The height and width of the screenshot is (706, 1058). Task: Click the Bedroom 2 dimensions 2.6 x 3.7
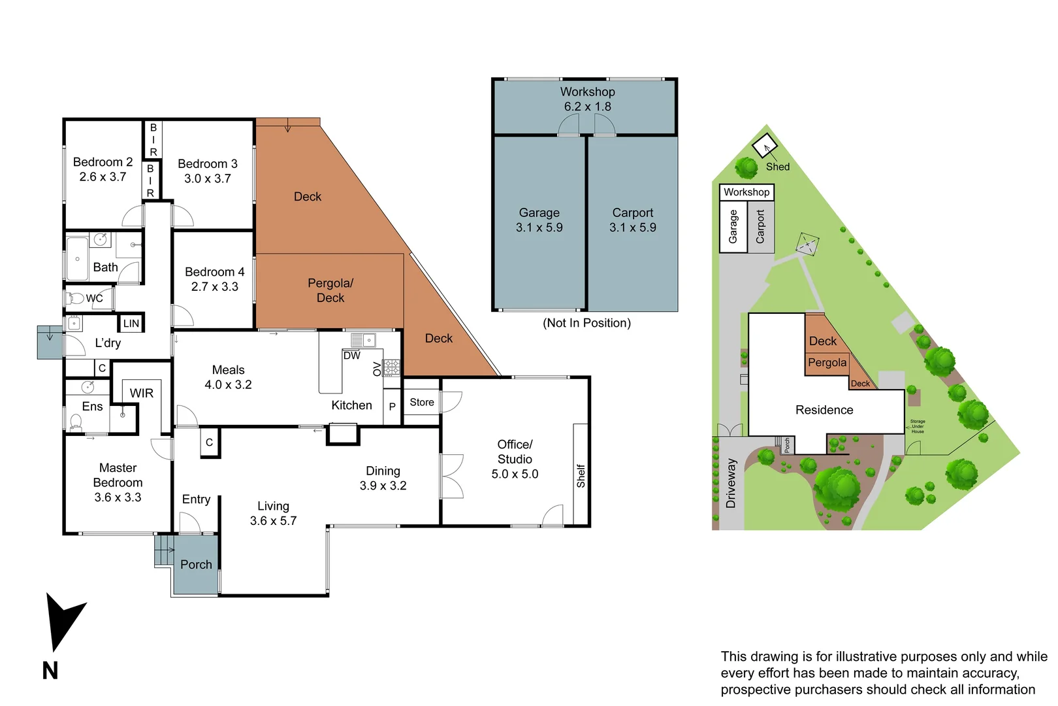[103, 177]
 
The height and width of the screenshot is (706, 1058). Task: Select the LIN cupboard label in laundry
[131, 323]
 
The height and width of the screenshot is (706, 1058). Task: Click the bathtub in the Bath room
[77, 259]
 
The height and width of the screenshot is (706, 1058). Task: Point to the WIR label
[142, 393]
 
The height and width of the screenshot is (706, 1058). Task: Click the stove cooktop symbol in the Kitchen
[391, 367]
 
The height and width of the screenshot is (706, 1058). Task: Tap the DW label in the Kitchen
[351, 356]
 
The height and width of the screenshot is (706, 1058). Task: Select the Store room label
[421, 402]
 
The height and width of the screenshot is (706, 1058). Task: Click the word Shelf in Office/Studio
[581, 476]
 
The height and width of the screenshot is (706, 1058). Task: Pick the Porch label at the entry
[196, 564]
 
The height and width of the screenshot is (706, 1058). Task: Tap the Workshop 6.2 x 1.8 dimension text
[587, 107]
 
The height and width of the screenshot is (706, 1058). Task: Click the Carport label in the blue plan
[632, 212]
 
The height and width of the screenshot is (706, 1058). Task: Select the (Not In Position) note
[586, 323]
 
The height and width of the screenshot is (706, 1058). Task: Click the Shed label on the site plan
[777, 167]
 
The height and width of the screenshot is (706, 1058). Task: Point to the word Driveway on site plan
[731, 483]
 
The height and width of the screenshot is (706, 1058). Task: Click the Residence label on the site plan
[824, 410]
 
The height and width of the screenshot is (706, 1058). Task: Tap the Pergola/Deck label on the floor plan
[330, 290]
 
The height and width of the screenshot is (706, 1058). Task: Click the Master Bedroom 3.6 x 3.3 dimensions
[118, 497]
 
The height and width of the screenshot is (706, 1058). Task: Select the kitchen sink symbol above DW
[363, 340]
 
